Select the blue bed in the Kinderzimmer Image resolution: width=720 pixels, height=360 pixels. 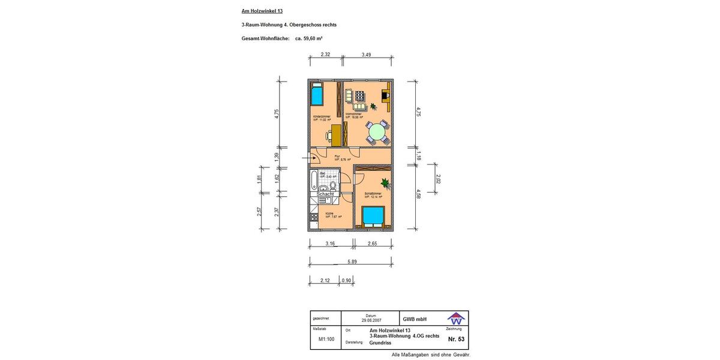click(x=317, y=95)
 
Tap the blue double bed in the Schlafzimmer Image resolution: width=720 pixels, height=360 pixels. click(x=373, y=215)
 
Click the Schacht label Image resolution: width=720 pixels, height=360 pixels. click(x=325, y=194)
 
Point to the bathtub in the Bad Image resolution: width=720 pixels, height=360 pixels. click(x=314, y=181)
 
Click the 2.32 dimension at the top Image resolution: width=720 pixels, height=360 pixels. click(x=325, y=55)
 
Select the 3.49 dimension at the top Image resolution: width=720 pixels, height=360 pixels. click(x=367, y=55)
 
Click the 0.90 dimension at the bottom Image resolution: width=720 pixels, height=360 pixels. click(x=346, y=280)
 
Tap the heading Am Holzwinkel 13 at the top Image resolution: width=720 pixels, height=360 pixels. click(x=262, y=11)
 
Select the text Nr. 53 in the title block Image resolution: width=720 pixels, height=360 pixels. click(x=456, y=339)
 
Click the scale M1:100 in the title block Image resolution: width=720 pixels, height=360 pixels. click(x=326, y=339)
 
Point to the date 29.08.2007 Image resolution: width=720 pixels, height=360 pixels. click(x=370, y=320)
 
